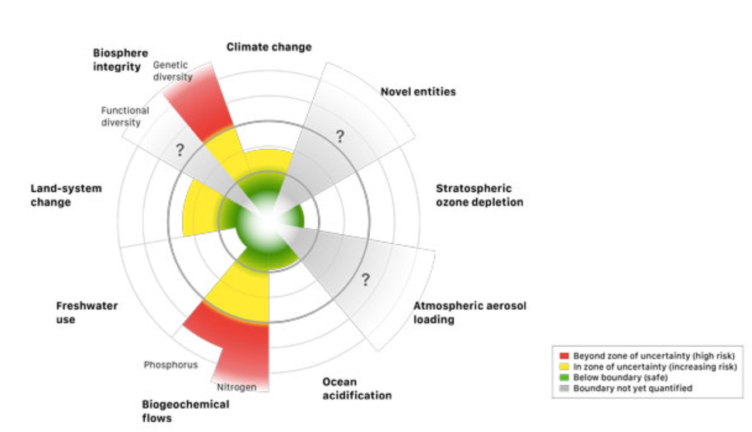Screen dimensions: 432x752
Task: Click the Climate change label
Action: (x=269, y=47)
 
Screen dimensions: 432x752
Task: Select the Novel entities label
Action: (x=418, y=92)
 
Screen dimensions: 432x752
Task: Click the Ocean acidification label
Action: (x=357, y=388)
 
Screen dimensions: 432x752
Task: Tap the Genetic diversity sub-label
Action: (x=172, y=70)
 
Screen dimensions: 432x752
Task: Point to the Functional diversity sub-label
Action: (x=124, y=116)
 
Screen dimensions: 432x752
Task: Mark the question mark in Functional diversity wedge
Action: (x=179, y=150)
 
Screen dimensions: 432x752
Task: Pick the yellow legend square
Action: (x=566, y=367)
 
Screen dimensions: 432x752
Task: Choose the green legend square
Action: (x=566, y=377)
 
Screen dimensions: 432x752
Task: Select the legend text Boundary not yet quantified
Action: (x=633, y=387)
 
